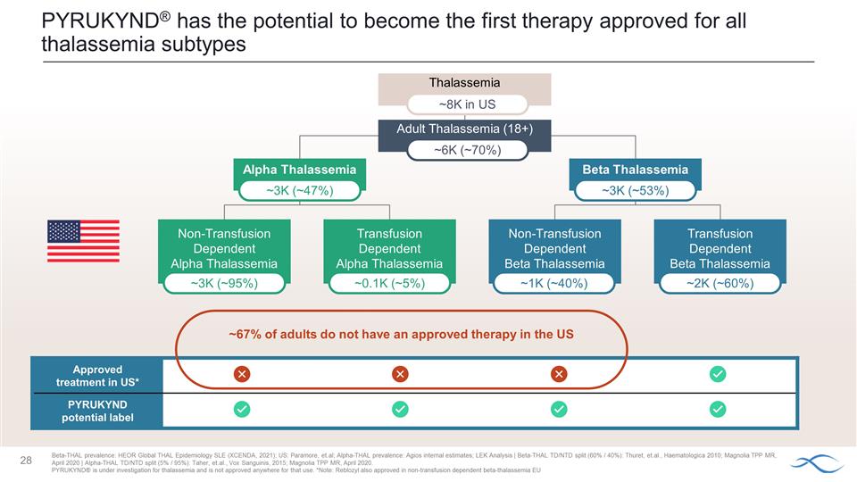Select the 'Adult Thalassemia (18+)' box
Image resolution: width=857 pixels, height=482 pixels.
click(x=465, y=129)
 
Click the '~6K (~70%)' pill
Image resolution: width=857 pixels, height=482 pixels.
click(x=465, y=150)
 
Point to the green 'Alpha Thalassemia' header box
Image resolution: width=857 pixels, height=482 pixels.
click(x=299, y=170)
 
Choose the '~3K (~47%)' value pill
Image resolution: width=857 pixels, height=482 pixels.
click(x=299, y=190)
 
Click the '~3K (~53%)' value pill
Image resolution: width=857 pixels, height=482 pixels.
click(x=635, y=190)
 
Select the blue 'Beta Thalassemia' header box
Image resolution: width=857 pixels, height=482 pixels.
click(x=635, y=170)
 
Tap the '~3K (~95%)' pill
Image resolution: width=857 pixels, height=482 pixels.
click(x=224, y=284)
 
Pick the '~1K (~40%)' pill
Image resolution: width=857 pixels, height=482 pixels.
click(x=554, y=284)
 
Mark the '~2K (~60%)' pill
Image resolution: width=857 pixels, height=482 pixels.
click(x=720, y=284)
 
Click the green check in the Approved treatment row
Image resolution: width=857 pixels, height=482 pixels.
click(x=717, y=374)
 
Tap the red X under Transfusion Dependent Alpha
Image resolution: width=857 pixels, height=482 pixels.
click(x=400, y=374)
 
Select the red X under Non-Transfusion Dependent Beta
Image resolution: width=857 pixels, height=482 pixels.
click(x=559, y=374)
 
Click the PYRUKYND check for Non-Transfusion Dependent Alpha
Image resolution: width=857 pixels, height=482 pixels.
click(x=241, y=409)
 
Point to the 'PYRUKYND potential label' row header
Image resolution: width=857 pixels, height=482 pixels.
click(x=97, y=411)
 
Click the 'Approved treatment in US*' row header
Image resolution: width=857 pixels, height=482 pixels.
click(x=97, y=375)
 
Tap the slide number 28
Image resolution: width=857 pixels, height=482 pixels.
click(x=27, y=461)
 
